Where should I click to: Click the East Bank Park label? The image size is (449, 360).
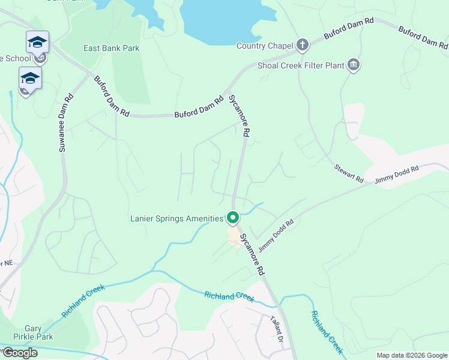(111, 48)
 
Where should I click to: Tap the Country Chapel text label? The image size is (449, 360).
(264, 46)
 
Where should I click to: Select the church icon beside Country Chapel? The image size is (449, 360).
(303, 45)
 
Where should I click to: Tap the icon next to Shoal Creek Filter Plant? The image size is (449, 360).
(353, 65)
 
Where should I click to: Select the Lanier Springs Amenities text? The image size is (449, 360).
(176, 218)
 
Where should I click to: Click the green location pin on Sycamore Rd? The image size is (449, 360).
(233, 217)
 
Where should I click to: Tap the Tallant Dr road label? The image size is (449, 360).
(276, 328)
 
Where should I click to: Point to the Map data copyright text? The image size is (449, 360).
(412, 355)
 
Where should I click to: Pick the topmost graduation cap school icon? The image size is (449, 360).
(37, 41)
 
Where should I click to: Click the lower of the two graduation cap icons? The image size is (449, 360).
(30, 78)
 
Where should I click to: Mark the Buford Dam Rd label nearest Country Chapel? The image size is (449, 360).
(349, 28)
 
